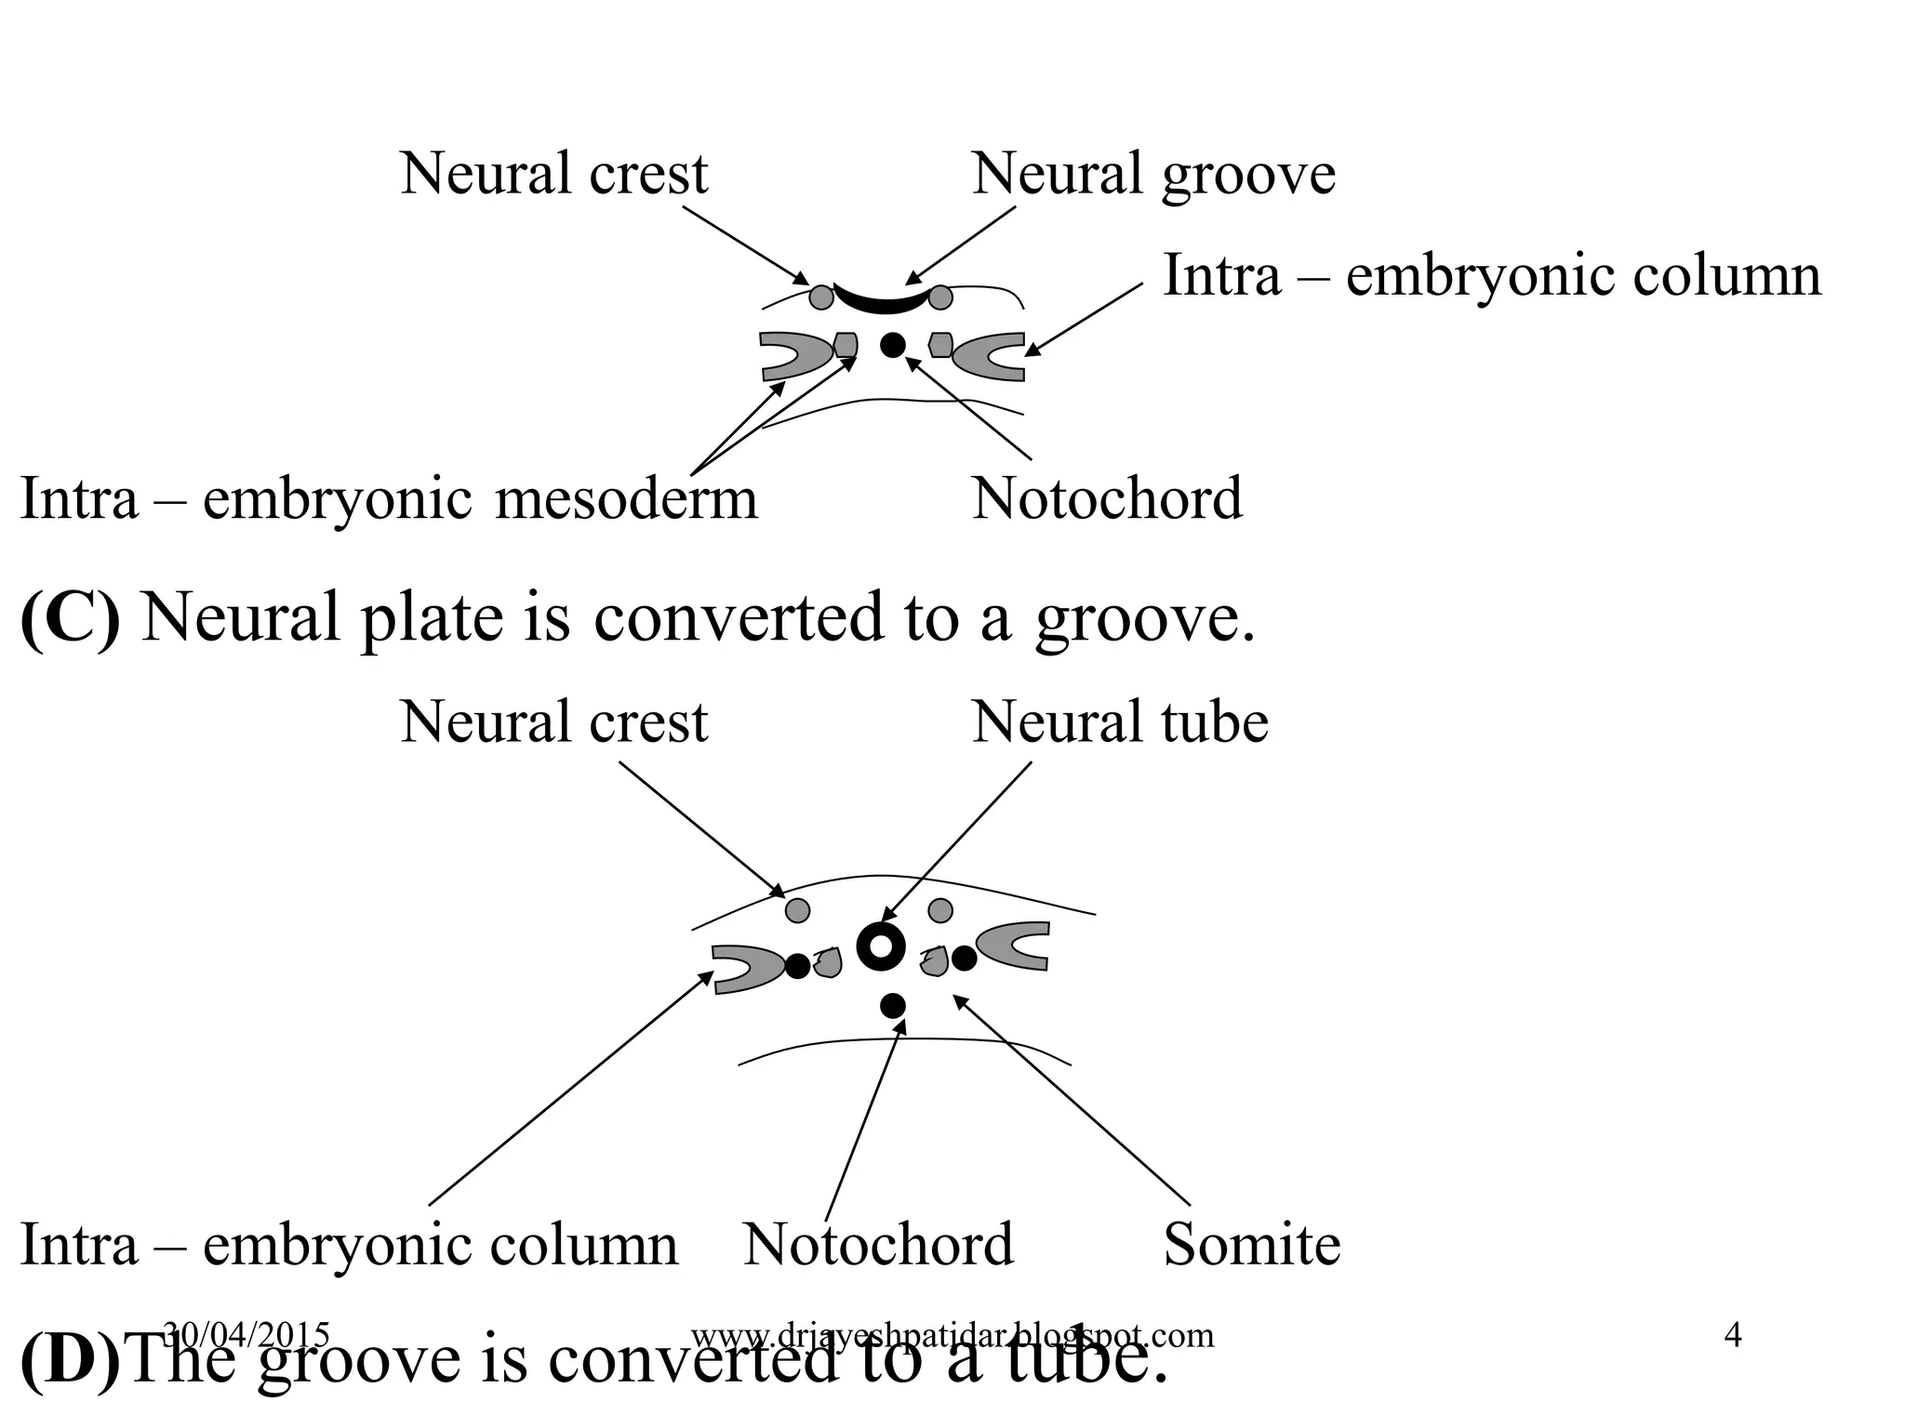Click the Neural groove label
click(1152, 175)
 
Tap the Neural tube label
click(1119, 722)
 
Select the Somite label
click(1251, 1245)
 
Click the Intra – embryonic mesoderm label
click(389, 499)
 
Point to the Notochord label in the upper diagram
click(1106, 499)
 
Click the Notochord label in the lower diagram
click(877, 1245)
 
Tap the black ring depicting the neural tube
click(880, 947)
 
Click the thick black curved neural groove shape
click(881, 301)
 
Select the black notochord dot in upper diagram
click(892, 345)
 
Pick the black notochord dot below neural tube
click(892, 1005)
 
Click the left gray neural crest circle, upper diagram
click(821, 297)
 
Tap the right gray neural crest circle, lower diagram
click(940, 910)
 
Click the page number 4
click(1732, 1336)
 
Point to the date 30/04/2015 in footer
click(246, 1335)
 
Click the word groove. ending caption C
click(1145, 620)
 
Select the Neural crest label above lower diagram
click(553, 722)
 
